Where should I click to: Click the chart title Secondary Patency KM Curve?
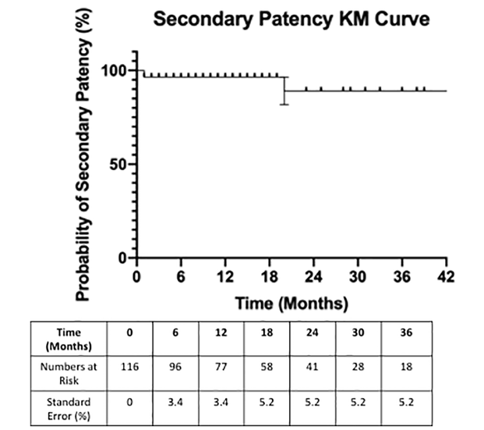(291, 19)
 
